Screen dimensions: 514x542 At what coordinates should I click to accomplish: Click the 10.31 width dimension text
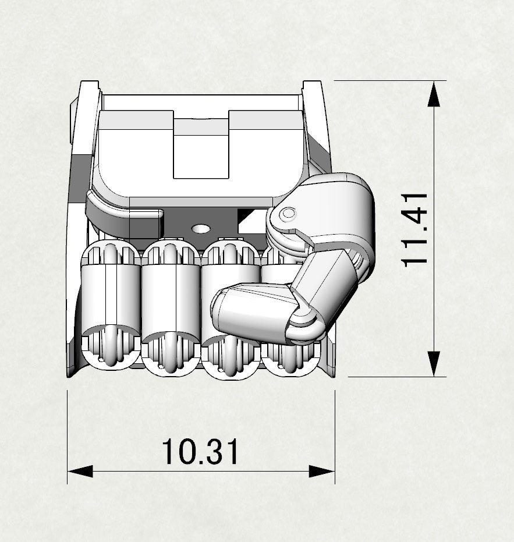pyautogui.click(x=200, y=451)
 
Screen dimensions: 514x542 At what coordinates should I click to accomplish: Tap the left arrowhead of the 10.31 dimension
pyautogui.click(x=80, y=471)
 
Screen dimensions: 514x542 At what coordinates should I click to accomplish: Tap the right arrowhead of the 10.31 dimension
pyautogui.click(x=322, y=471)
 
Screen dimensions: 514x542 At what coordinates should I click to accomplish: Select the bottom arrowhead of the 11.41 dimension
pyautogui.click(x=434, y=364)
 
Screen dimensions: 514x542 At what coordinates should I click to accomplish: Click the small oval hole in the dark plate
pyautogui.click(x=200, y=228)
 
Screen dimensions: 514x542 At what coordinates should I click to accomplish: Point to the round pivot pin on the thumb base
pyautogui.click(x=288, y=214)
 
